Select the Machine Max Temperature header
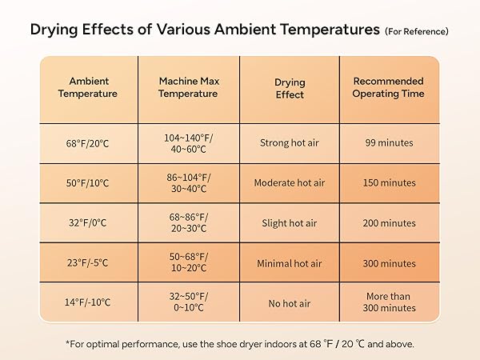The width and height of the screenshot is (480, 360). (188, 87)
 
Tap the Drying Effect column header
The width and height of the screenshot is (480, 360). (289, 88)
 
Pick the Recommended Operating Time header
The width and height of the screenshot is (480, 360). (390, 87)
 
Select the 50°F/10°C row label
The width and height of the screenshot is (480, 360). (88, 183)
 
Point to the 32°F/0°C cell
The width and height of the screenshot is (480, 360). (88, 223)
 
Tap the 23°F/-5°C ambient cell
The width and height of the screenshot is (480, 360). (88, 263)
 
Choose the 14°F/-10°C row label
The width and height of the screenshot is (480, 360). (88, 303)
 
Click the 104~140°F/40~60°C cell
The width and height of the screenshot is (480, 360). (188, 143)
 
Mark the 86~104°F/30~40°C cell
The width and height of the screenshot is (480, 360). (188, 183)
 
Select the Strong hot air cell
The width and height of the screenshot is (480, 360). (289, 143)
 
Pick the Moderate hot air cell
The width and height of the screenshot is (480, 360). (289, 183)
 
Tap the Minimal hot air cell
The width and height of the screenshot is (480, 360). (289, 263)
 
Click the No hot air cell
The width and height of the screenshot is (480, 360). (289, 303)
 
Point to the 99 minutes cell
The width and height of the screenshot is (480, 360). (390, 143)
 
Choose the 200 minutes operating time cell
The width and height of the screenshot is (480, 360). (390, 223)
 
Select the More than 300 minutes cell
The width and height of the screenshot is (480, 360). (390, 302)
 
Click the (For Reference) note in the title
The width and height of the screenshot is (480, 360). (417, 32)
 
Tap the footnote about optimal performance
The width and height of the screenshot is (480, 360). (240, 343)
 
